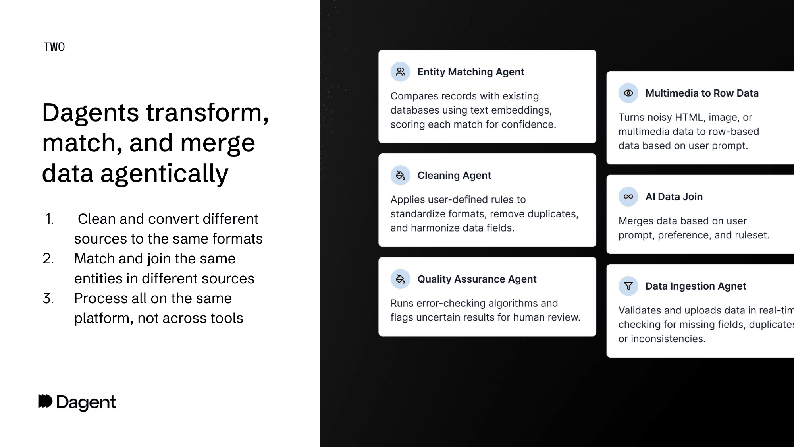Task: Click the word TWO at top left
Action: point(54,47)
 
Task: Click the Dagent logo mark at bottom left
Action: point(45,401)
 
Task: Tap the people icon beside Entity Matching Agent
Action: point(400,72)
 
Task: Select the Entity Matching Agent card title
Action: point(470,72)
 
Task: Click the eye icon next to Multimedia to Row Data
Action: point(628,93)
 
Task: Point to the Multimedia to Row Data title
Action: point(701,93)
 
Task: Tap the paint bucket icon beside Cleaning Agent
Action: point(400,175)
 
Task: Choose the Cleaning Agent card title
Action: point(454,175)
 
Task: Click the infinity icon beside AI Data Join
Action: point(628,197)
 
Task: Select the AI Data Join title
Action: point(674,197)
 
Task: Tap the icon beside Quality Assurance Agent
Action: point(400,279)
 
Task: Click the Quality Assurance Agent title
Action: point(476,279)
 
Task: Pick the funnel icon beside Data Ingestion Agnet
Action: point(628,286)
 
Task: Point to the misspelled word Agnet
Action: point(732,286)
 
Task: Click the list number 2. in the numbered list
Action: point(48,259)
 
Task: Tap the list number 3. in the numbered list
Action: point(48,298)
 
